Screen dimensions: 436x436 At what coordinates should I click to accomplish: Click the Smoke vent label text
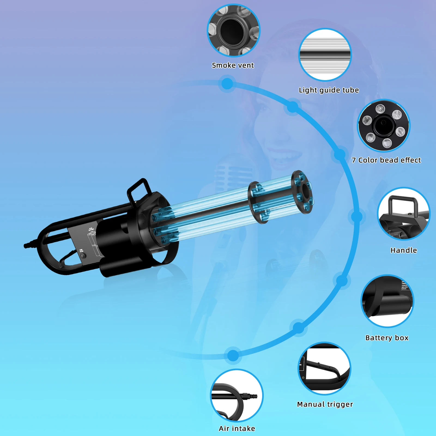(x=233, y=65)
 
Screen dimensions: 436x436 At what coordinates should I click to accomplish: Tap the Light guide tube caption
(x=329, y=90)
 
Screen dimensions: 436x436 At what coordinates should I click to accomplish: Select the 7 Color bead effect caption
(x=386, y=160)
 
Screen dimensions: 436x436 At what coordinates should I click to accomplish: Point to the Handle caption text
(x=404, y=250)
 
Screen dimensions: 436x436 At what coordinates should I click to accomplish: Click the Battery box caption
(x=387, y=338)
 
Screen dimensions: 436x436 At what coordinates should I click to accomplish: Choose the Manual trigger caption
(x=325, y=404)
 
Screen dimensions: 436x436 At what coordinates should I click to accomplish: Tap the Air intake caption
(x=237, y=429)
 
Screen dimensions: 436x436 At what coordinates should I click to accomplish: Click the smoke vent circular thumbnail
(x=234, y=31)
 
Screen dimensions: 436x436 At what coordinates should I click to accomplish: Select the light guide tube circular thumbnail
(x=325, y=55)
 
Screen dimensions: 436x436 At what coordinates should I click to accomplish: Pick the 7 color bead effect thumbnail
(x=384, y=126)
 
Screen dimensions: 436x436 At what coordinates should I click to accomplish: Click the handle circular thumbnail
(x=404, y=214)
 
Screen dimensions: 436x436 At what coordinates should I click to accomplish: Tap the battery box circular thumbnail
(x=387, y=301)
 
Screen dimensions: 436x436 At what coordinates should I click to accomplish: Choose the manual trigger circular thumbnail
(x=324, y=368)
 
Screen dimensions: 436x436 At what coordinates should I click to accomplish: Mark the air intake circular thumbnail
(x=237, y=395)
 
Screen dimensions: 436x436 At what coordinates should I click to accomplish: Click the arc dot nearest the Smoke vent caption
(x=227, y=84)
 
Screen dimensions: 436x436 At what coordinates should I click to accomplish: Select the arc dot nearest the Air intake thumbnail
(x=233, y=355)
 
